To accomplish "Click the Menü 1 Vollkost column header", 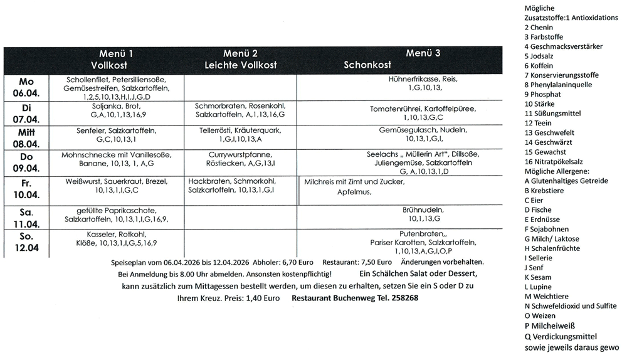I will click(x=115, y=59).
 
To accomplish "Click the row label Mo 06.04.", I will click(x=26, y=88).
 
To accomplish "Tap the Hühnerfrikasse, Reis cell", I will click(x=423, y=84).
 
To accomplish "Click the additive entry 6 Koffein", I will click(x=539, y=66).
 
